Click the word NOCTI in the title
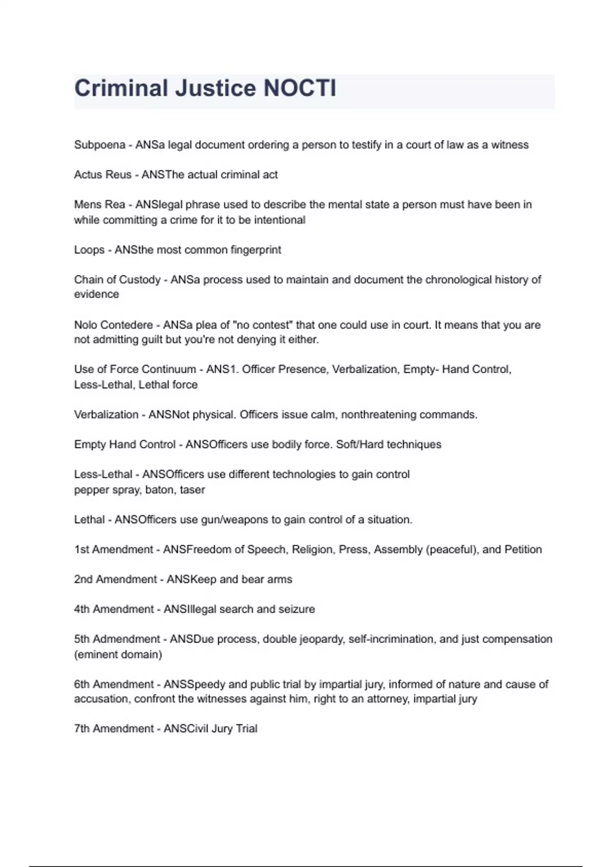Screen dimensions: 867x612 (299, 88)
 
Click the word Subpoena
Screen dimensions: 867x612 (99, 145)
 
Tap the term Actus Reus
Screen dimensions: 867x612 (103, 175)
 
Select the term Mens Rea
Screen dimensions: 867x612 (99, 205)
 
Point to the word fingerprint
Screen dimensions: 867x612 (256, 250)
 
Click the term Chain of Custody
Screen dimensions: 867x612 (117, 279)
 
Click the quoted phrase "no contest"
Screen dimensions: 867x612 (263, 325)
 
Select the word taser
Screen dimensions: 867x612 (192, 490)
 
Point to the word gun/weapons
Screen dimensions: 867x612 (235, 520)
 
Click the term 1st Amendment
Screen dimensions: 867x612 (113, 549)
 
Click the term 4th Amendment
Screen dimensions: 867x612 (114, 609)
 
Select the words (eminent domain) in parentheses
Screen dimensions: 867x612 (118, 654)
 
